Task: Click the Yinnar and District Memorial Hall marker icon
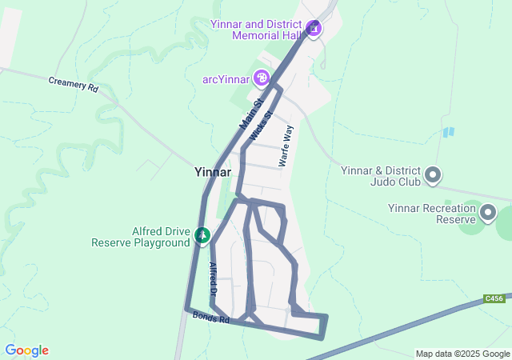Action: (314, 30)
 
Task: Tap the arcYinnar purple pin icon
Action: (261, 78)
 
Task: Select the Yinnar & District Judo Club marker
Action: (433, 174)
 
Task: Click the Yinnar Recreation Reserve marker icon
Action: (487, 213)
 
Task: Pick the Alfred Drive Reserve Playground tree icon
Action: (202, 235)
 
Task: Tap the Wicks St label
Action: (262, 126)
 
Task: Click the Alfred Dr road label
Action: (214, 280)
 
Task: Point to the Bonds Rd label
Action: (211, 318)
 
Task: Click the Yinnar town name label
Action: (213, 172)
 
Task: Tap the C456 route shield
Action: (494, 299)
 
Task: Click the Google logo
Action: (26, 350)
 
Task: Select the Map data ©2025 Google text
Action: (462, 354)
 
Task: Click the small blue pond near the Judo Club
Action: (448, 132)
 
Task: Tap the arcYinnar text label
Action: (226, 78)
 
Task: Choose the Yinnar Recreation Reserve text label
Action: (431, 214)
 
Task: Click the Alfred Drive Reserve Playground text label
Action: (142, 238)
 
